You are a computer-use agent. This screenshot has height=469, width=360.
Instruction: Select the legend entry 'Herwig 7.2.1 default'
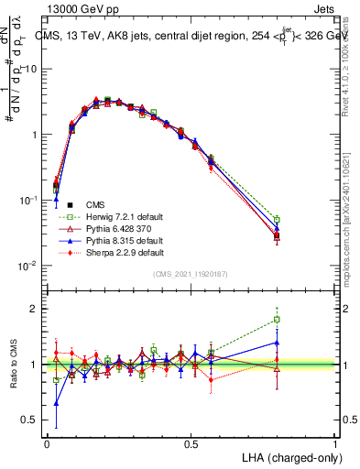coord(118,216)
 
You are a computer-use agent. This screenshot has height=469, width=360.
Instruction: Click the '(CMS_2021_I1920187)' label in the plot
coord(191,275)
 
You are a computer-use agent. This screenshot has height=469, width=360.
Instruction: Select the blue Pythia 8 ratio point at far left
coord(56,403)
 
